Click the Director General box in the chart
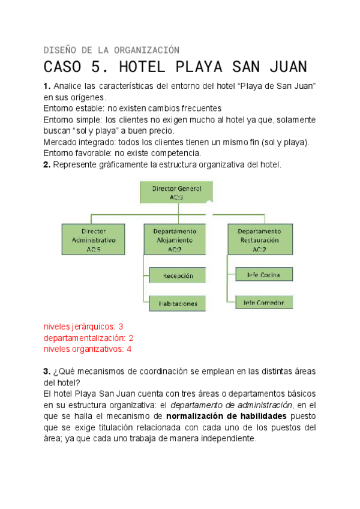click(x=176, y=192)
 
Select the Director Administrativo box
click(x=93, y=239)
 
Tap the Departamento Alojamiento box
click(x=175, y=239)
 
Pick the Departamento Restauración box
click(x=259, y=239)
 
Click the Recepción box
click(x=178, y=276)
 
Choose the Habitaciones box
click(x=178, y=303)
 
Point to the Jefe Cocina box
click(x=265, y=275)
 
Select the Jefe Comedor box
click(x=265, y=301)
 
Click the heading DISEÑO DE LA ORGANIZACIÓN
click(x=112, y=49)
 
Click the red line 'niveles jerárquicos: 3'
click(x=83, y=327)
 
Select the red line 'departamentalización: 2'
click(x=88, y=338)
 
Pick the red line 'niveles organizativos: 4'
click(x=88, y=349)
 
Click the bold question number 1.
click(x=47, y=86)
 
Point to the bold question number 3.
click(x=47, y=372)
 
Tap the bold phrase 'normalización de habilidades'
click(x=227, y=416)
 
